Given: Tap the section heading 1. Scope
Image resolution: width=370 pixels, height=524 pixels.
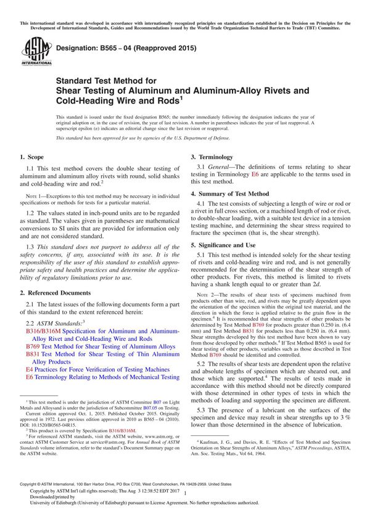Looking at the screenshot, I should click(34, 157).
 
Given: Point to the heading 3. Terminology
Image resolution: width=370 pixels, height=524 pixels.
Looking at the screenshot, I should click(214, 157).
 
